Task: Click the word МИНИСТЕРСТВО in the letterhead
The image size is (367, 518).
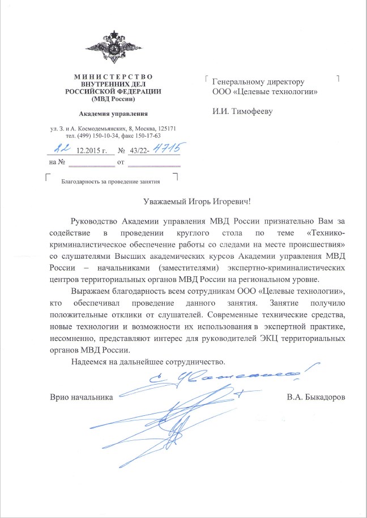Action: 113,77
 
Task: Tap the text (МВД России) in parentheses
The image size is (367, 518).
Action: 113,99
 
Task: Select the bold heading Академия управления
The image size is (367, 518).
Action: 113,113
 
